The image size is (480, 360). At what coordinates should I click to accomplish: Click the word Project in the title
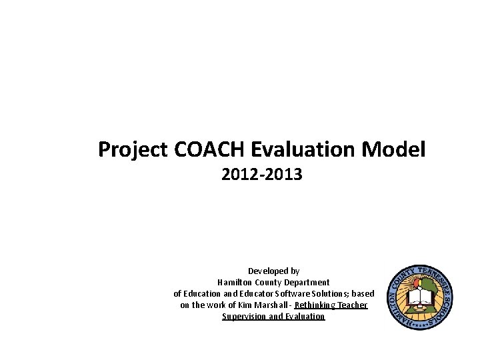(x=133, y=149)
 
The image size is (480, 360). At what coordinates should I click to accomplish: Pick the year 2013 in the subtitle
(x=285, y=175)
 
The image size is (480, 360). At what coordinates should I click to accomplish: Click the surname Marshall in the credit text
(x=273, y=305)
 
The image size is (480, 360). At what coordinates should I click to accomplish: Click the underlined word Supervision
(x=244, y=316)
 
